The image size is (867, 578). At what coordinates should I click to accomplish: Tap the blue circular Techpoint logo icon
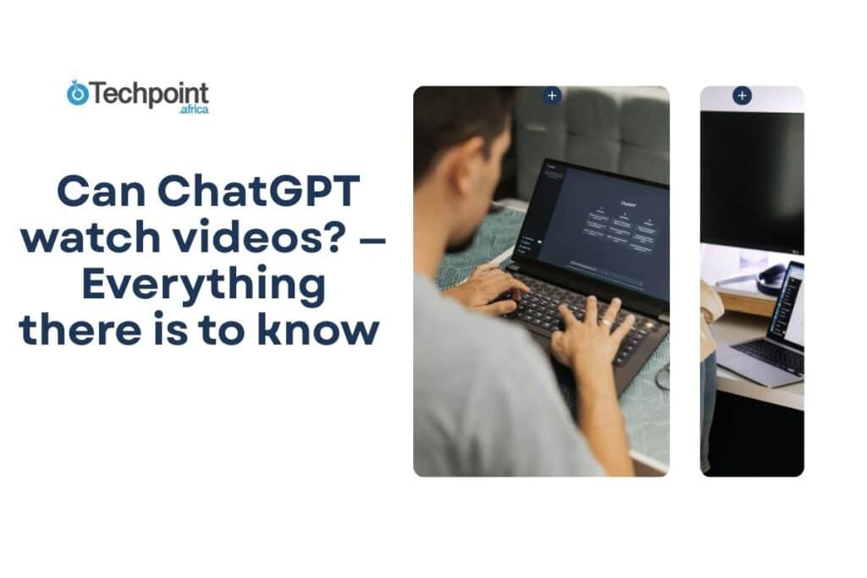click(78, 93)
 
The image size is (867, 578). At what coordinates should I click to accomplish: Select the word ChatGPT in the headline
click(270, 193)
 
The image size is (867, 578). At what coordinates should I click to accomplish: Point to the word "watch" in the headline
click(91, 239)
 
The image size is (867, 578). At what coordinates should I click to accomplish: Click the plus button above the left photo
click(552, 96)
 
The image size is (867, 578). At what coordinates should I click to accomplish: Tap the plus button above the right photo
click(743, 96)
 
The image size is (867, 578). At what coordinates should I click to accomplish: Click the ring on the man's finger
click(606, 322)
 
